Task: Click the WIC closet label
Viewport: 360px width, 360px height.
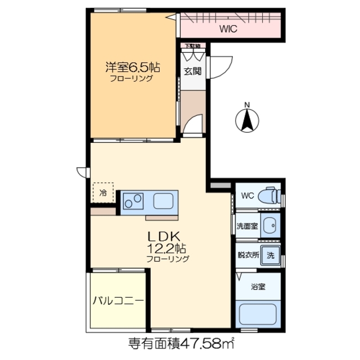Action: pos(228,29)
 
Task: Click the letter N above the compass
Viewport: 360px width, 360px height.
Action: pos(247,104)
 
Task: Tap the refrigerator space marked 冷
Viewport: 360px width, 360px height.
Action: pos(103,193)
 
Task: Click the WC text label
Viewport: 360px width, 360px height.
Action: pos(248,196)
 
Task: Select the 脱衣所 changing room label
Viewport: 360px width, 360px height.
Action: pos(248,255)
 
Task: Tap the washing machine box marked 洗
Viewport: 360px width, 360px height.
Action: pos(271,255)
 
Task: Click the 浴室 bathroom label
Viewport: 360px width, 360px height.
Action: pos(259,286)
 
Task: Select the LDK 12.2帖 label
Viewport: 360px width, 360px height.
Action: pos(168,242)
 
